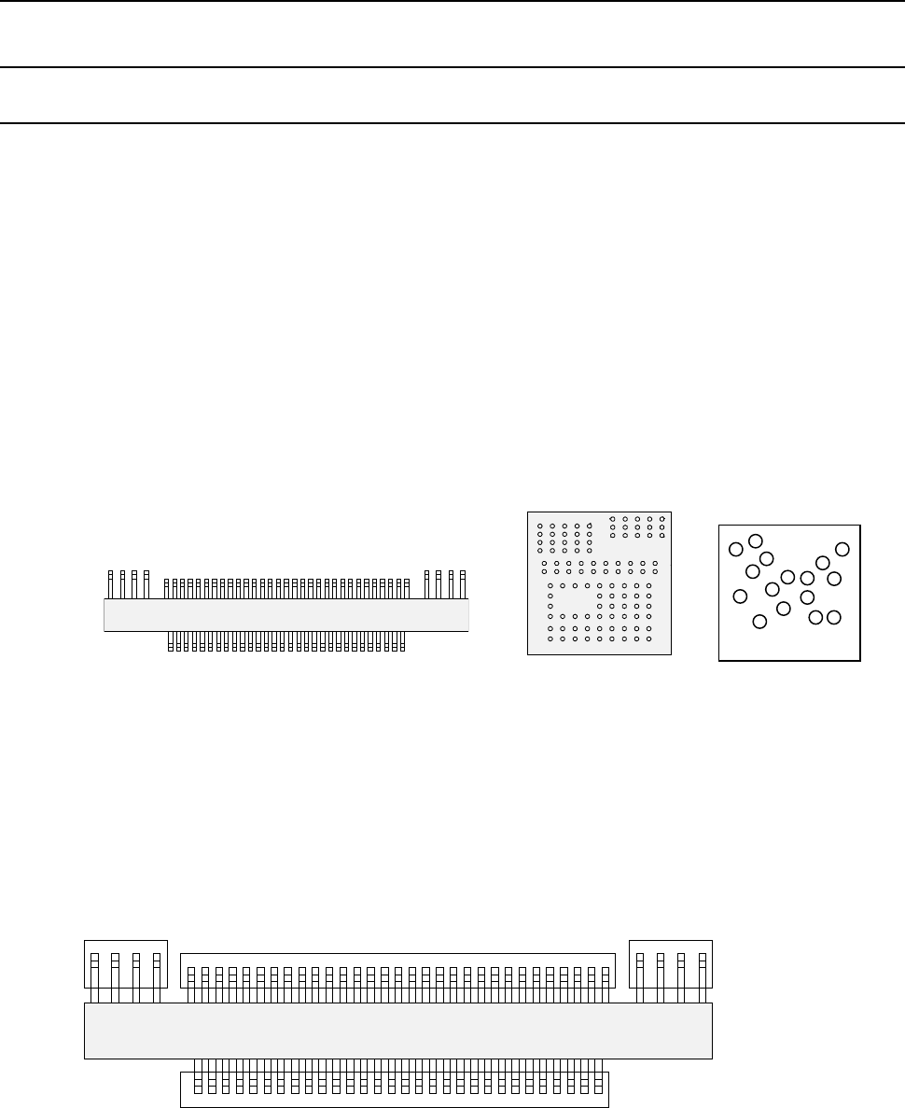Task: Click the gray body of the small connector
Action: (285, 615)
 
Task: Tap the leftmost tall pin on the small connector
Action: (111, 583)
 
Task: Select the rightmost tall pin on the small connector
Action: (462, 583)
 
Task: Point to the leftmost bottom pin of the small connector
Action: (171, 641)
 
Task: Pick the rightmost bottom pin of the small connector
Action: (403, 641)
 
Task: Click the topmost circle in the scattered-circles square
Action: (756, 540)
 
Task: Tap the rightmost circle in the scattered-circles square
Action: (842, 549)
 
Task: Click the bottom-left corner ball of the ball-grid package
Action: (550, 639)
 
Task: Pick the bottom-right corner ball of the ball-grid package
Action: (648, 639)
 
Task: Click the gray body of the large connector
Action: (397, 1031)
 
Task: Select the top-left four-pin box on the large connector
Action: (126, 963)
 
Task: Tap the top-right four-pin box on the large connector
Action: (671, 963)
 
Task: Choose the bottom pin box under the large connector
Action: (394, 1088)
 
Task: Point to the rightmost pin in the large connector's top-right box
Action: (702, 971)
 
